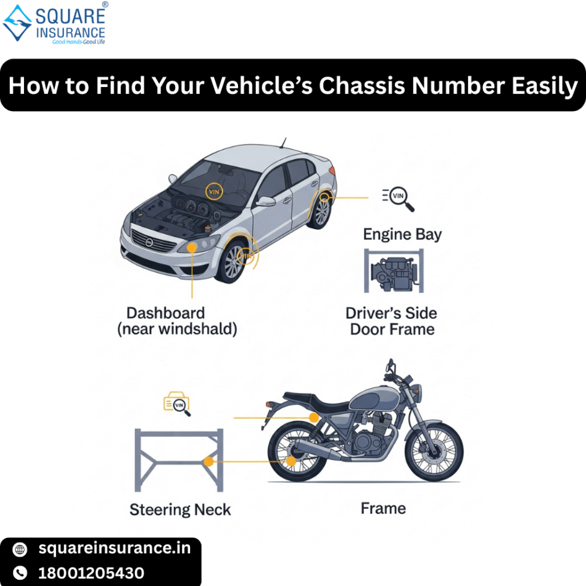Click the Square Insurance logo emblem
(17, 23)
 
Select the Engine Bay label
(402, 234)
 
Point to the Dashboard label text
(165, 313)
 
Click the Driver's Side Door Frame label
(392, 321)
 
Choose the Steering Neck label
(180, 510)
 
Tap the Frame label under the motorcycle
(383, 508)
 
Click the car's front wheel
(235, 262)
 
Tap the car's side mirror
(265, 201)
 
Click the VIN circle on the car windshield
(214, 191)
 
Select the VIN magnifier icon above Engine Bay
(398, 197)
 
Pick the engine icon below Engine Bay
(394, 271)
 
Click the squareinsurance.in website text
(115, 548)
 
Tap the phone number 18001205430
(91, 573)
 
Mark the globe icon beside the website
(20, 548)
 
